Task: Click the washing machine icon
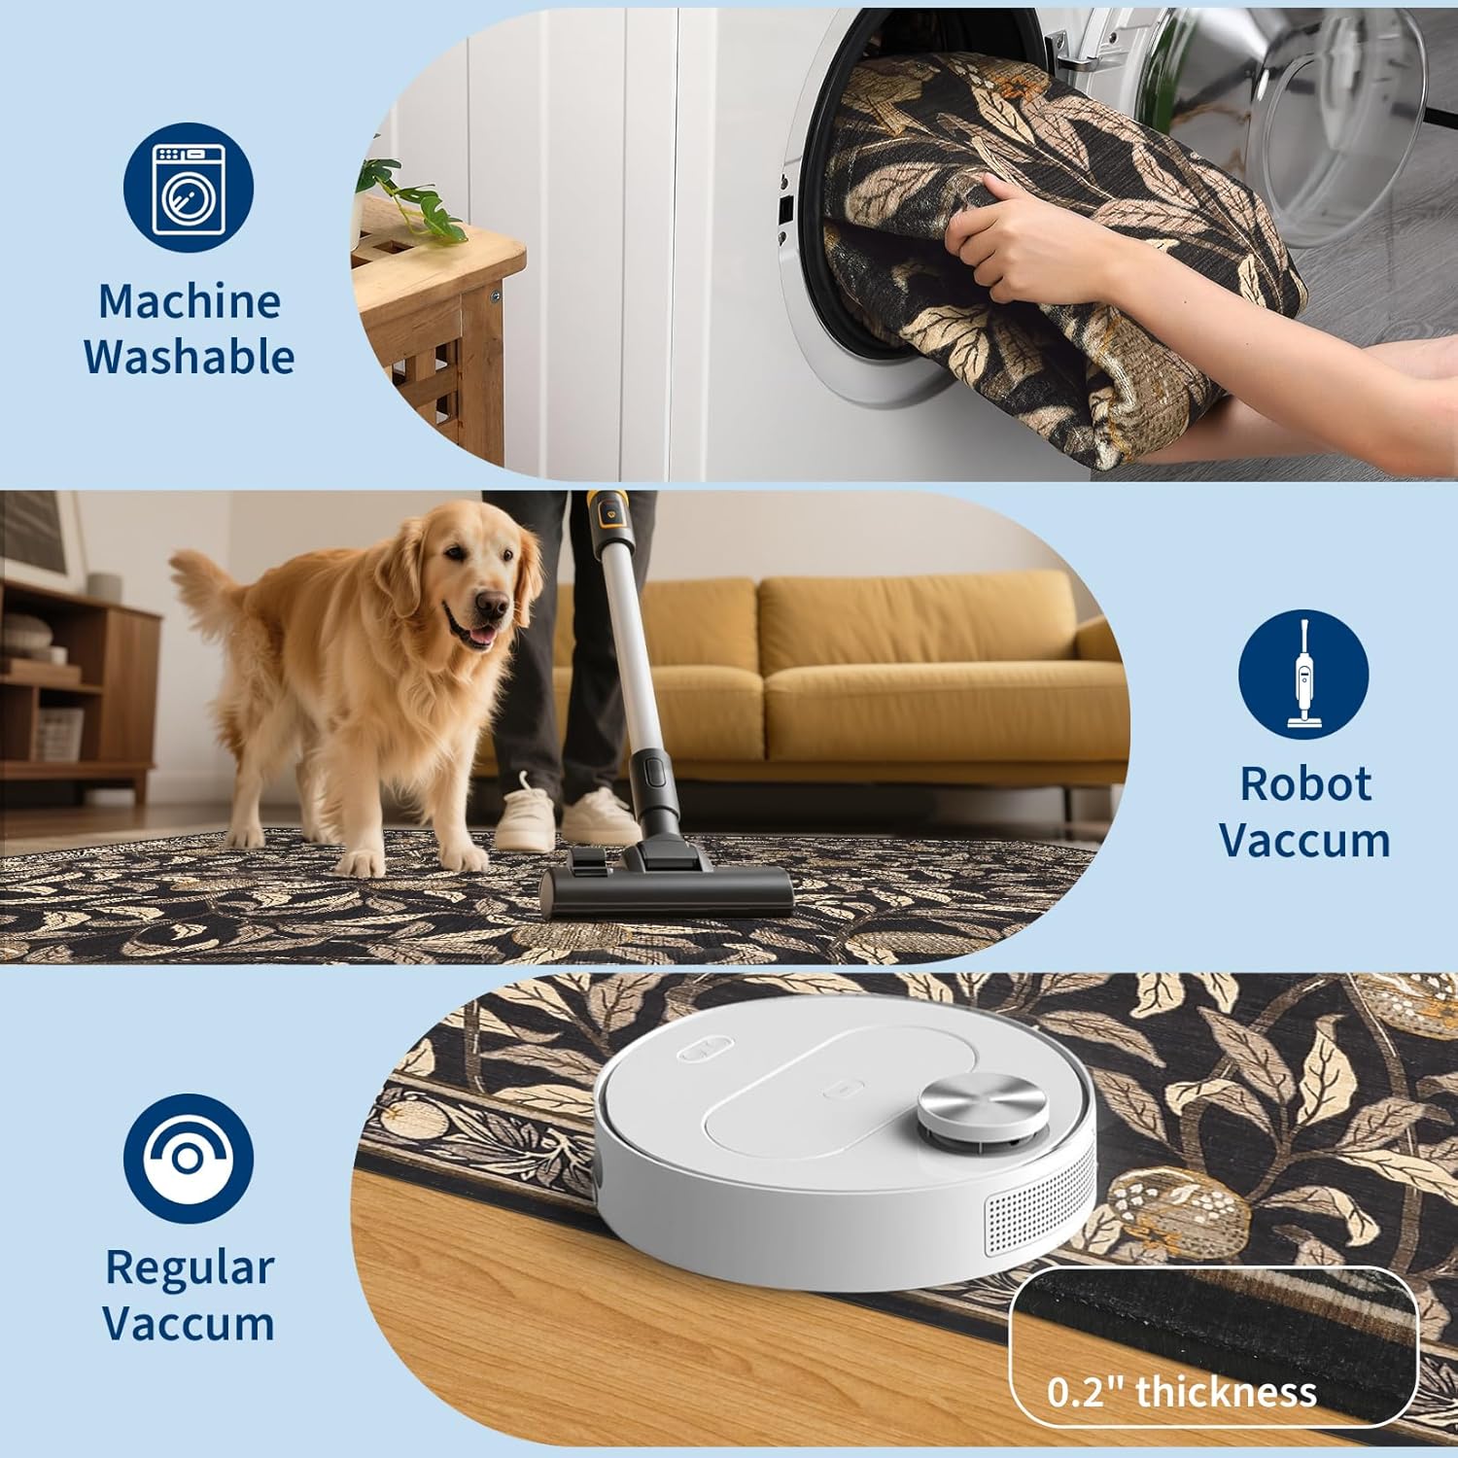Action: (x=189, y=189)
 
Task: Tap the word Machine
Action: (x=190, y=301)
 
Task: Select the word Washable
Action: (x=190, y=357)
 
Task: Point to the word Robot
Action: (x=1305, y=783)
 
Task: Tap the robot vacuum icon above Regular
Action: (x=189, y=1158)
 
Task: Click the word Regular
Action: (x=190, y=1268)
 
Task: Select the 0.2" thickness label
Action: (x=1182, y=1392)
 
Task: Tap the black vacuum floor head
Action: (x=668, y=879)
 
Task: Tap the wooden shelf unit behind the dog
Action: (x=78, y=680)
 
